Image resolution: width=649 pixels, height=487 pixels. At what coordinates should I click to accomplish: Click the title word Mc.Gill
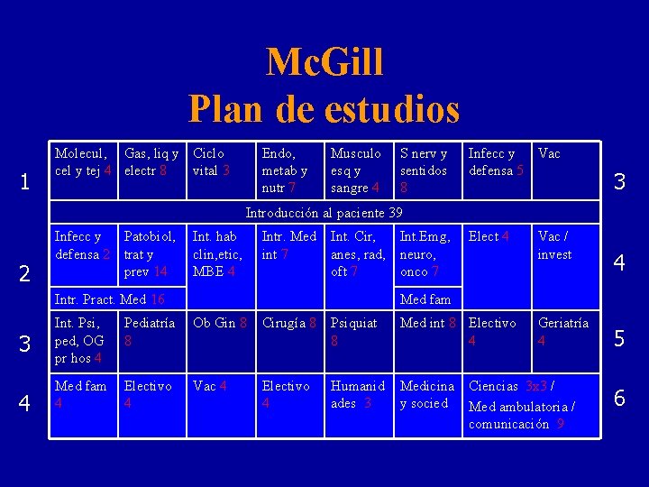(x=324, y=63)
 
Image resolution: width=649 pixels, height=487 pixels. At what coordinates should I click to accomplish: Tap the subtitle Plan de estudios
(x=324, y=109)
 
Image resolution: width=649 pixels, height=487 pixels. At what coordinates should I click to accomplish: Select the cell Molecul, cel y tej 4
(x=83, y=162)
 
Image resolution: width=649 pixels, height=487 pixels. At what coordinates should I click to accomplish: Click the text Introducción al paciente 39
(x=324, y=213)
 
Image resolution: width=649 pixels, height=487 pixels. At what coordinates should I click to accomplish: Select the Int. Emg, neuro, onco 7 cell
(x=425, y=253)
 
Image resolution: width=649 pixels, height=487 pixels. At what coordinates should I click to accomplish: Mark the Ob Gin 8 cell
(x=221, y=323)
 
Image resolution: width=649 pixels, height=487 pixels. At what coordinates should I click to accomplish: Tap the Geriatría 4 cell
(x=563, y=332)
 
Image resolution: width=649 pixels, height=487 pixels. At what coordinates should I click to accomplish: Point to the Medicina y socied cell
(x=427, y=394)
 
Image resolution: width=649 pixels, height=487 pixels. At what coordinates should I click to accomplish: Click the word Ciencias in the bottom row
(x=495, y=386)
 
